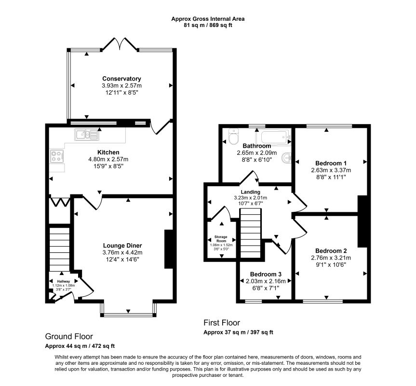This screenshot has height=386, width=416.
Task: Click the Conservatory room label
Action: click(x=121, y=79)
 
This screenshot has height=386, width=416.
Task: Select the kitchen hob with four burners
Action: click(x=56, y=156)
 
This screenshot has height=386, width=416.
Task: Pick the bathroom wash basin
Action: click(x=287, y=157)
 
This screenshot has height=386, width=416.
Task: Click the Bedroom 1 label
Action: click(x=331, y=163)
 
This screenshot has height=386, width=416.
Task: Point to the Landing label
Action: click(x=250, y=192)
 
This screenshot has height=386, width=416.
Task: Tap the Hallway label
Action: click(x=64, y=281)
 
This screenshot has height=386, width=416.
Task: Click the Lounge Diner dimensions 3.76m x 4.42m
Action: click(x=122, y=252)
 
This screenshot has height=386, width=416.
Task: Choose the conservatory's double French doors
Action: click(x=119, y=44)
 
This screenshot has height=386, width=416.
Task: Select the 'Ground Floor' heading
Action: click(x=69, y=336)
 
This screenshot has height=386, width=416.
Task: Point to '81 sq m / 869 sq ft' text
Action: click(x=208, y=25)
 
